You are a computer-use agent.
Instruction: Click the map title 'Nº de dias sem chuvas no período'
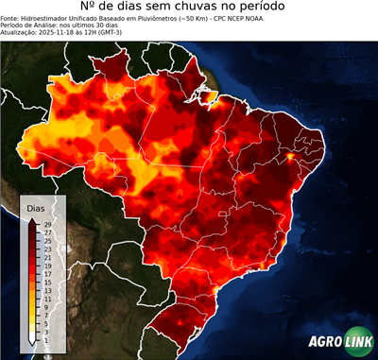click(189, 8)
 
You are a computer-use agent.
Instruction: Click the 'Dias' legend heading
click(36, 207)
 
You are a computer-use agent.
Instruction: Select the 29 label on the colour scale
click(48, 223)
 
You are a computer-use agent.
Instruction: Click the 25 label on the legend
click(48, 239)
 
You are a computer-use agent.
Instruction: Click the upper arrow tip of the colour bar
click(33, 218)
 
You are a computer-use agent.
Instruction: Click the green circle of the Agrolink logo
click(360, 342)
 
